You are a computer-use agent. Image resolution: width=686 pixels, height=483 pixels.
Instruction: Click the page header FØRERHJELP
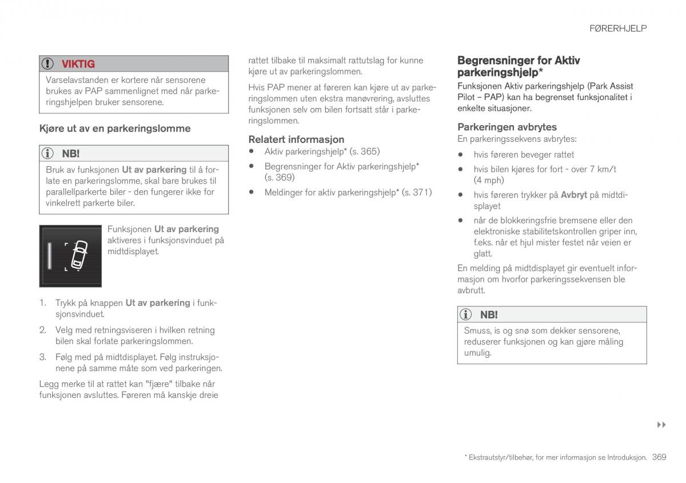(x=618, y=28)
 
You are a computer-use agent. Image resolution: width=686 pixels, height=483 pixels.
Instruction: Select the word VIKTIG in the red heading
(x=78, y=64)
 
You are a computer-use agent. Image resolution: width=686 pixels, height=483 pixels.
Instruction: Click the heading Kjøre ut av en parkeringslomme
(x=115, y=129)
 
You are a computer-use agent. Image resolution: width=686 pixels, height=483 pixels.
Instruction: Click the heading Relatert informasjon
(x=296, y=139)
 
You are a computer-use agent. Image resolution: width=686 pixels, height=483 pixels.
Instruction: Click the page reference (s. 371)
(x=417, y=193)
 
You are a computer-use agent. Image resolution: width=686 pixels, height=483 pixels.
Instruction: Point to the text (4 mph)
(x=489, y=180)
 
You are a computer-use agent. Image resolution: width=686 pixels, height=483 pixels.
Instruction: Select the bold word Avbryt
(x=573, y=195)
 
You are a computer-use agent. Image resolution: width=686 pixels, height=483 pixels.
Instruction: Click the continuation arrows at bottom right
(x=662, y=425)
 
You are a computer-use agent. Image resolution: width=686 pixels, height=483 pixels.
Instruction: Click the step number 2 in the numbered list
(x=42, y=330)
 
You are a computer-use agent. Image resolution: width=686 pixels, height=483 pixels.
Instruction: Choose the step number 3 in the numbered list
(x=42, y=357)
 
